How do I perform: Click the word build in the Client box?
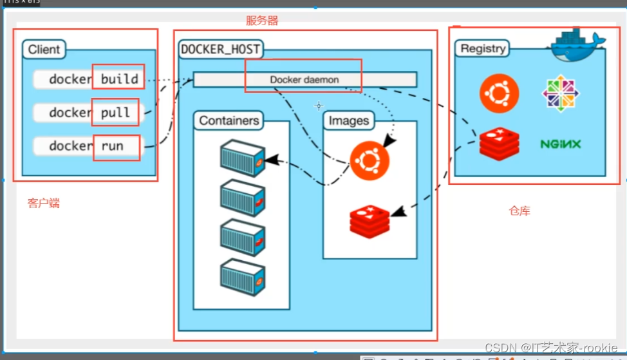click(x=120, y=79)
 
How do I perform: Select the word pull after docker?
click(x=115, y=113)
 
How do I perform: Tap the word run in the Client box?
click(x=112, y=146)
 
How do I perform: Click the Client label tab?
click(x=44, y=50)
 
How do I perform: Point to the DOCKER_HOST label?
click(x=221, y=49)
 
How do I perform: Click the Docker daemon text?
click(x=304, y=80)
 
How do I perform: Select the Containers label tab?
click(x=229, y=120)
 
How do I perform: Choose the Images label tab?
click(x=349, y=120)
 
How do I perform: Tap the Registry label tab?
click(x=483, y=49)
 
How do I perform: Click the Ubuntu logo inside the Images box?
click(x=370, y=161)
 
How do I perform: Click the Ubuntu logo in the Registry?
click(x=499, y=93)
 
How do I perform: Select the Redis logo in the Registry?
click(x=499, y=144)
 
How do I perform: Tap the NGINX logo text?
click(x=561, y=144)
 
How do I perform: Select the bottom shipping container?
click(x=242, y=278)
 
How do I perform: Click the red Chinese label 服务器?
click(x=262, y=21)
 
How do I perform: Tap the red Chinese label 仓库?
click(x=519, y=211)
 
